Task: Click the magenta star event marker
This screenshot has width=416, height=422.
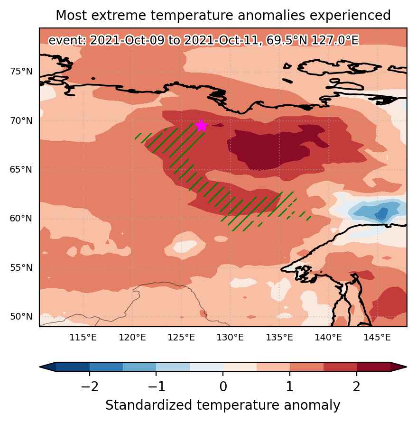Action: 201,126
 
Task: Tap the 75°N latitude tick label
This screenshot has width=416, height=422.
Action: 21,72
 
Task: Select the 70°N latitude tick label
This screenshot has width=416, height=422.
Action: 21,120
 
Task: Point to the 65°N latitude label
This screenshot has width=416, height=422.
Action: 21,170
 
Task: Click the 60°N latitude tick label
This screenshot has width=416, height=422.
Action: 21,218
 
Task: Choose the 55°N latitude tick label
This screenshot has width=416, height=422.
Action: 21,267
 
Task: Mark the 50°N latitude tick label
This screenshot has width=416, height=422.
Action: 21,316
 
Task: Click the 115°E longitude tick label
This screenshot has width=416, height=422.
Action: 83,337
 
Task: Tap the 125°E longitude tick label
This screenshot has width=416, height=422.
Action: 181,337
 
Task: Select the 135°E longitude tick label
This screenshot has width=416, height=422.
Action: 279,337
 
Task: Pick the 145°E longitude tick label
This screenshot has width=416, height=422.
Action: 377,337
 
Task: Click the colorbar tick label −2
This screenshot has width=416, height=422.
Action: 90,387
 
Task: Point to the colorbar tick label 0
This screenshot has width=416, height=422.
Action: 223,387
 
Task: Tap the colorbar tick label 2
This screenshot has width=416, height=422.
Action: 357,387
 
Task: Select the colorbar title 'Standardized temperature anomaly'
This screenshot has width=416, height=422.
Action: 222,405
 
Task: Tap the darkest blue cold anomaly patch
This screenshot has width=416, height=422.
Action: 381,214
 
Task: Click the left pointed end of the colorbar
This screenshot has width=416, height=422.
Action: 40,367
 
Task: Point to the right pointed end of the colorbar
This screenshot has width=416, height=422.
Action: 407,367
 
